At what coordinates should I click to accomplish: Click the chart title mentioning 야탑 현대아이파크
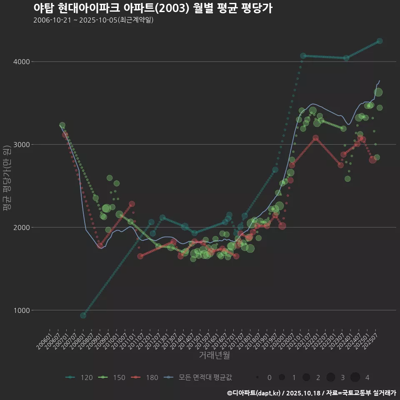click(x=152, y=8)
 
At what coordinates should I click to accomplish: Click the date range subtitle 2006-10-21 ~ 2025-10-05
click(x=93, y=20)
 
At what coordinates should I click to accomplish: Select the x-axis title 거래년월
click(x=214, y=355)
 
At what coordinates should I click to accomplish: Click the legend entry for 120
click(x=79, y=377)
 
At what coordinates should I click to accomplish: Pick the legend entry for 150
click(x=112, y=377)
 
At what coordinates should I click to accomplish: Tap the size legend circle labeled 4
click(x=355, y=377)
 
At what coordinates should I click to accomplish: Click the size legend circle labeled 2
click(x=306, y=377)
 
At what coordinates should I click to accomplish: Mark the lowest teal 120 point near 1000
click(x=83, y=315)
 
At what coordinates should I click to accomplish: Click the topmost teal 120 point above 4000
click(x=380, y=41)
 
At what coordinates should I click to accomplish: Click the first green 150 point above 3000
click(x=62, y=125)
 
